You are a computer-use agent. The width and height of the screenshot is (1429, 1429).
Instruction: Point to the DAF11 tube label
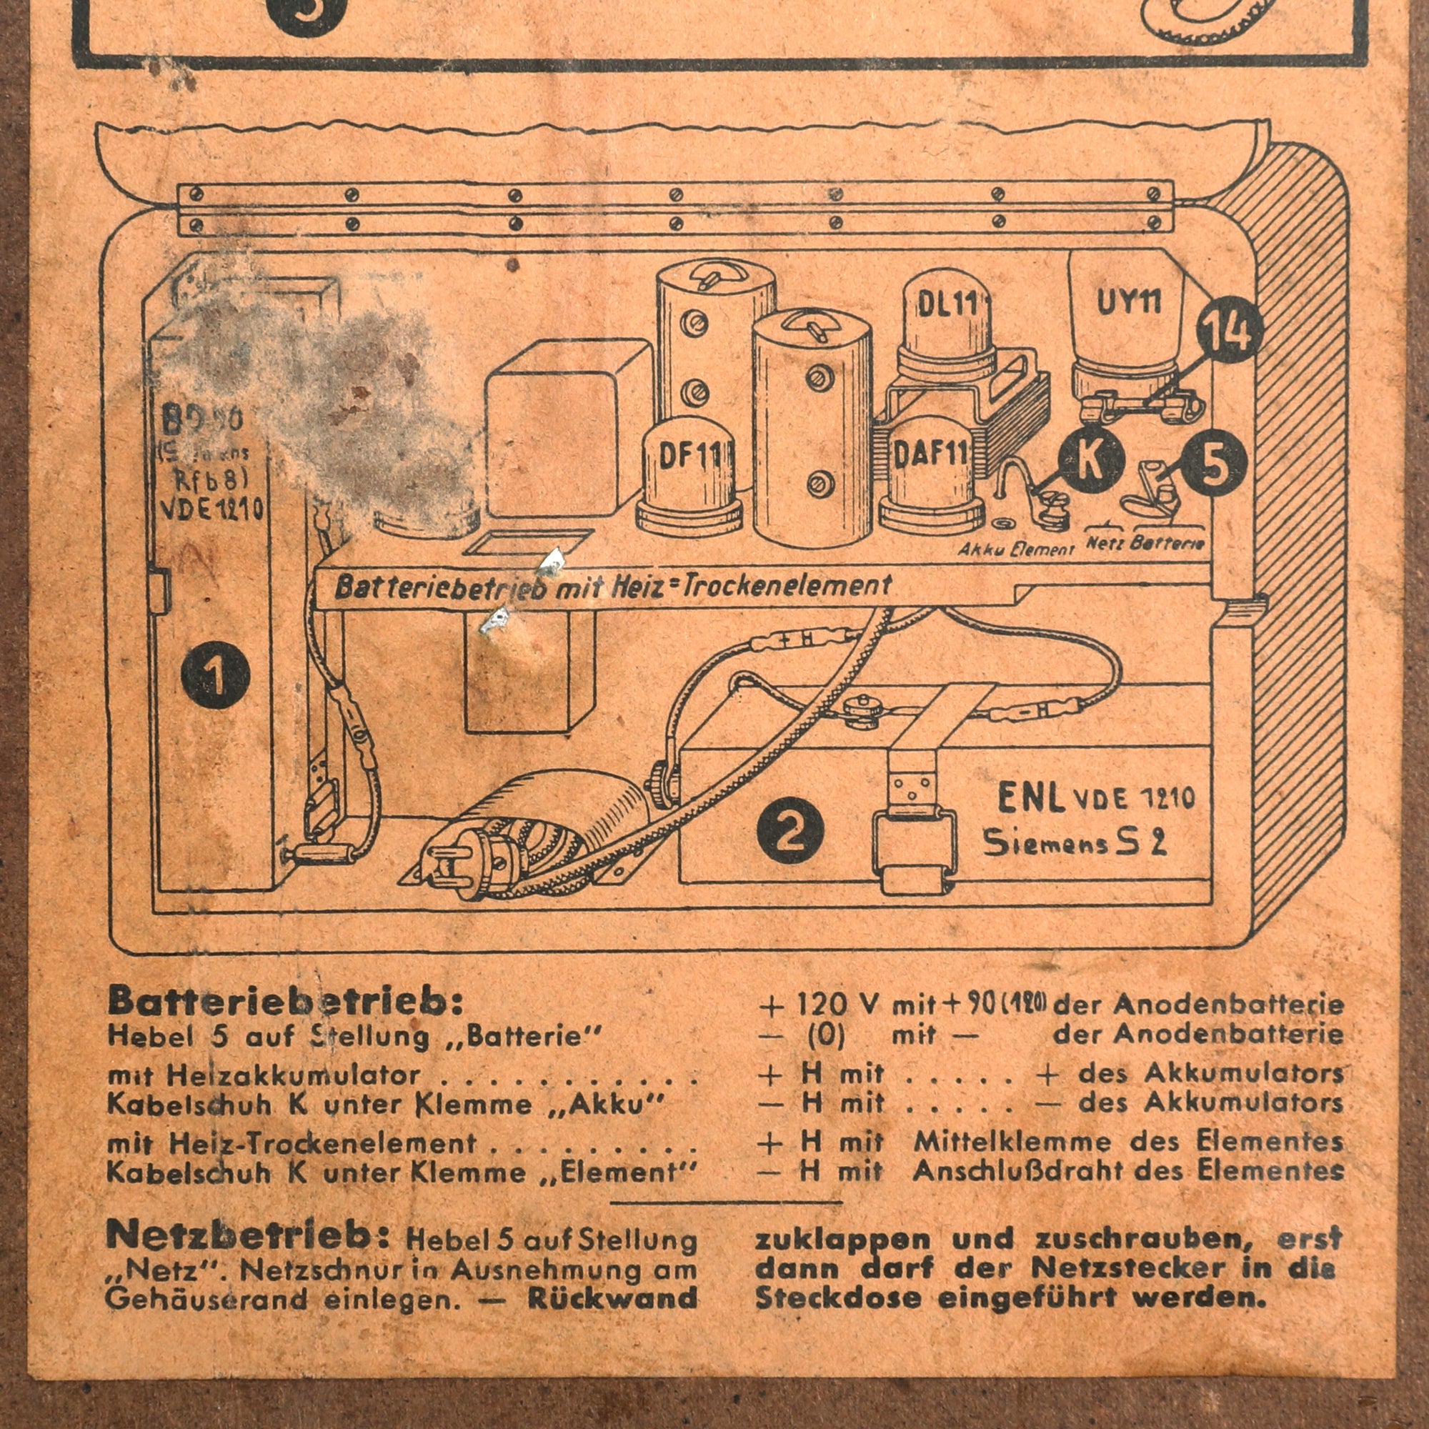[x=930, y=454]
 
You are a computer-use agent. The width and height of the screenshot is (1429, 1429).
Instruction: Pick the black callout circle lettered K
[x=1091, y=459]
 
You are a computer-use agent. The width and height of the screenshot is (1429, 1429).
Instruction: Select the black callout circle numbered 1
[x=215, y=674]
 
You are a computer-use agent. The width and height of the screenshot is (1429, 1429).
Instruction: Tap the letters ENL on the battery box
[x=1030, y=798]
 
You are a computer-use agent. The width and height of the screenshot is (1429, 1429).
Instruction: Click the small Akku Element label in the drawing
[x=1015, y=549]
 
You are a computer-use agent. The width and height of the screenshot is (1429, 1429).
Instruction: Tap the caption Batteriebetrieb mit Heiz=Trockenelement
[x=613, y=587]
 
